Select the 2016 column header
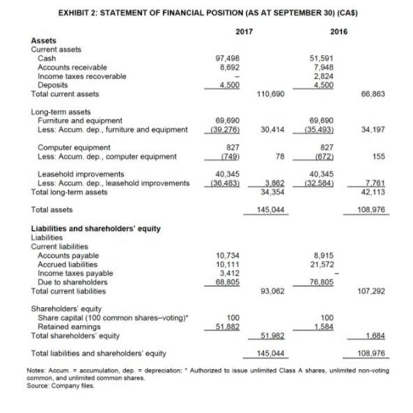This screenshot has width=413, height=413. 338,31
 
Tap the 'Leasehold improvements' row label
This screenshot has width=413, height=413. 71,174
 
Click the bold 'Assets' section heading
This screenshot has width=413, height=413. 42,41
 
